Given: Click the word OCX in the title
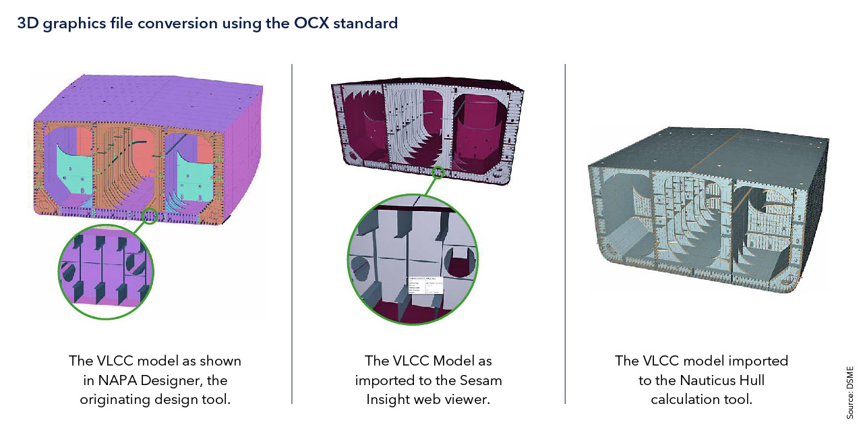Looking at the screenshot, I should coord(309,24).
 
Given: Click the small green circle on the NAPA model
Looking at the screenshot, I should coord(150,216).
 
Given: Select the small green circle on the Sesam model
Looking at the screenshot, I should coord(439,173).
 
